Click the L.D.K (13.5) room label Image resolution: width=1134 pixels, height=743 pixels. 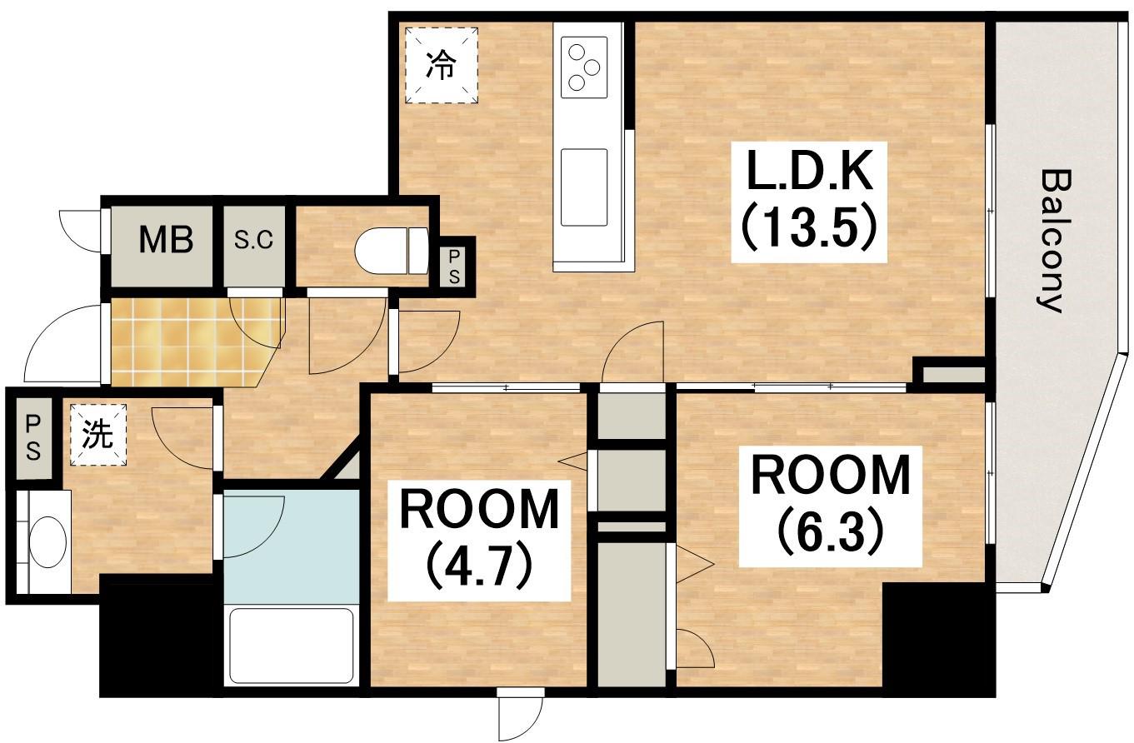[806, 201]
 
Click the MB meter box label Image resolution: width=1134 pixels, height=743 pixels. [166, 241]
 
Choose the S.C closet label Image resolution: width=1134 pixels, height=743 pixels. [253, 241]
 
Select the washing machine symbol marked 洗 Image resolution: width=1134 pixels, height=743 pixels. [98, 434]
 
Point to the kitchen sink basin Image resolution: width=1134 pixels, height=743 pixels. [583, 187]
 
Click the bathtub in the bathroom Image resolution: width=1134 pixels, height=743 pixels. [292, 646]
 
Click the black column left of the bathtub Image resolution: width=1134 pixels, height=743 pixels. [158, 637]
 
